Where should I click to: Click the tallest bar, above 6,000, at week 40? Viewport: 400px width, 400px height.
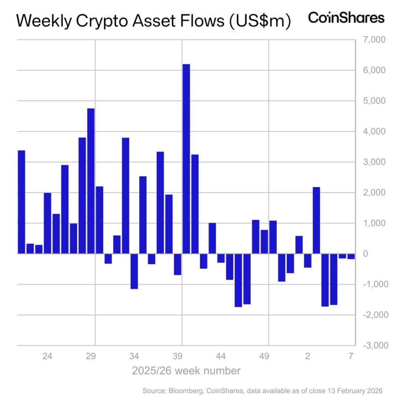tap(186, 159)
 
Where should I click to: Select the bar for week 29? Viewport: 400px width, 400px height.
tap(91, 181)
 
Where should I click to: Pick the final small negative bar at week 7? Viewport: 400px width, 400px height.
tap(351, 256)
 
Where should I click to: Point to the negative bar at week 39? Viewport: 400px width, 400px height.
tap(177, 264)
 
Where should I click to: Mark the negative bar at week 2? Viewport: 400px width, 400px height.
tap(307, 260)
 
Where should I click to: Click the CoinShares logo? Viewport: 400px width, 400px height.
tap(346, 18)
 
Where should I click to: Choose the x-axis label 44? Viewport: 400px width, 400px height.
tap(221, 356)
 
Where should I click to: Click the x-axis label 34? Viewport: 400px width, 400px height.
tap(134, 356)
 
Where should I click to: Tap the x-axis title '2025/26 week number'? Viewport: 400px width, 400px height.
tap(186, 371)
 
